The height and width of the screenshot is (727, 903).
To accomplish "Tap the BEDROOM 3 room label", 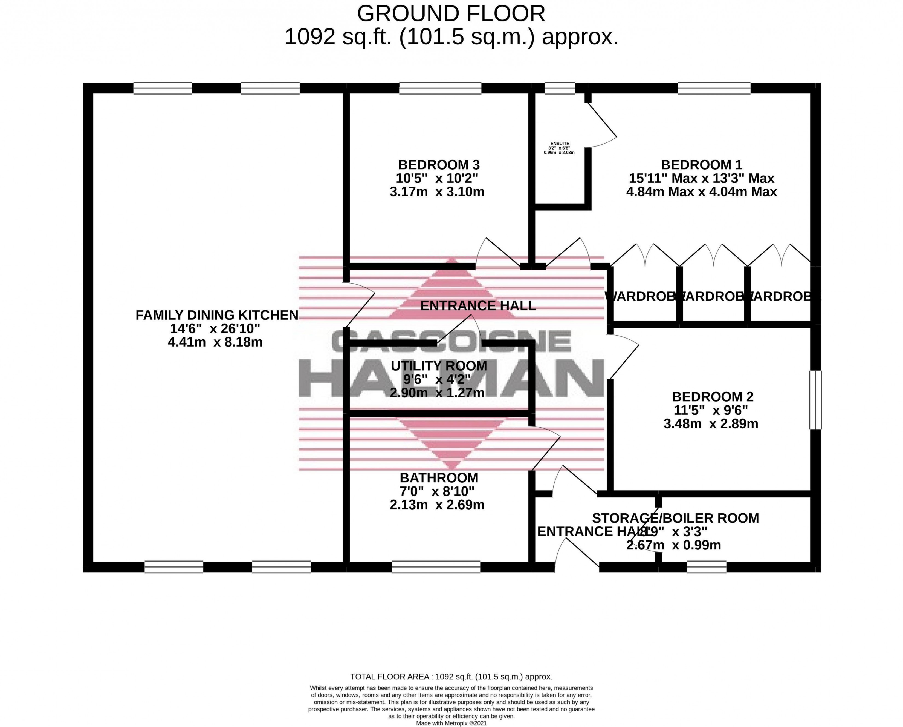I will click(439, 165).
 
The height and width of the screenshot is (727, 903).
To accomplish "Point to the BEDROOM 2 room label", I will click(713, 397).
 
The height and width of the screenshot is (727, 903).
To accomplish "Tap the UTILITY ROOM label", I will click(439, 366).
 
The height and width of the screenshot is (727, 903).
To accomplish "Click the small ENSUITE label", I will click(560, 143).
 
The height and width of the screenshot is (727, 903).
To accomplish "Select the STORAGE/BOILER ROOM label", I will click(675, 518).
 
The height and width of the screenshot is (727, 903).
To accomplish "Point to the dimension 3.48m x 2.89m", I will click(711, 423).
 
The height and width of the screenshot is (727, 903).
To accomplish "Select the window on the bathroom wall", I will click(436, 567).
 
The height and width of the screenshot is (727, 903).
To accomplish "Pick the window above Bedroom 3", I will click(440, 88).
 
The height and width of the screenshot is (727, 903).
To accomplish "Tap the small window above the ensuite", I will click(560, 88).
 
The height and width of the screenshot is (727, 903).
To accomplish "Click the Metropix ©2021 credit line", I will click(451, 723).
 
